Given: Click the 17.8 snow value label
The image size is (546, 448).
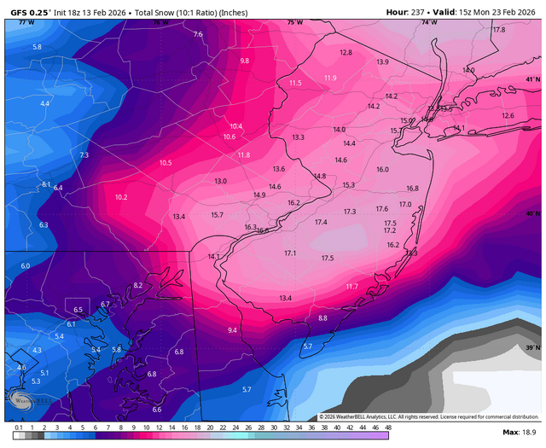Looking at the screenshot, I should click(x=499, y=30).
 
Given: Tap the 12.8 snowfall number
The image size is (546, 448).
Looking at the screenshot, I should click(x=346, y=53).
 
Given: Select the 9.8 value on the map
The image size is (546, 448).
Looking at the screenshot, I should click(x=245, y=61).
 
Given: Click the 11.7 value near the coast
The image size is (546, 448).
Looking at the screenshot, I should click(x=351, y=287).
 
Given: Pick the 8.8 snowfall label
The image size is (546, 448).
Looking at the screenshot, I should click(x=322, y=318).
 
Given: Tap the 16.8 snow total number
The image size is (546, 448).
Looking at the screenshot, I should click(x=412, y=189).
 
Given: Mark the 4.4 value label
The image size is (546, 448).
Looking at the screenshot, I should click(x=44, y=103).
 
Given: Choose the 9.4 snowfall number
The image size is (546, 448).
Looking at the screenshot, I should click(x=232, y=330).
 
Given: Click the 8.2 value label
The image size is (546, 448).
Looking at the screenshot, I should click(x=138, y=285).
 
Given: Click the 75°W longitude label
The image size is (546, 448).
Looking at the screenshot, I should click(x=294, y=22).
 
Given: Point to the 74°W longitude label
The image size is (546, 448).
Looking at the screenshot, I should click(x=429, y=22).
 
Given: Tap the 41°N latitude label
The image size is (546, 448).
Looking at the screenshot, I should click(x=532, y=79).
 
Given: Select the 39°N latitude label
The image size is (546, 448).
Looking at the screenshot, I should click(x=532, y=348).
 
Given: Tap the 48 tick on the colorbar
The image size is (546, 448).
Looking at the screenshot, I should click(x=387, y=426).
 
